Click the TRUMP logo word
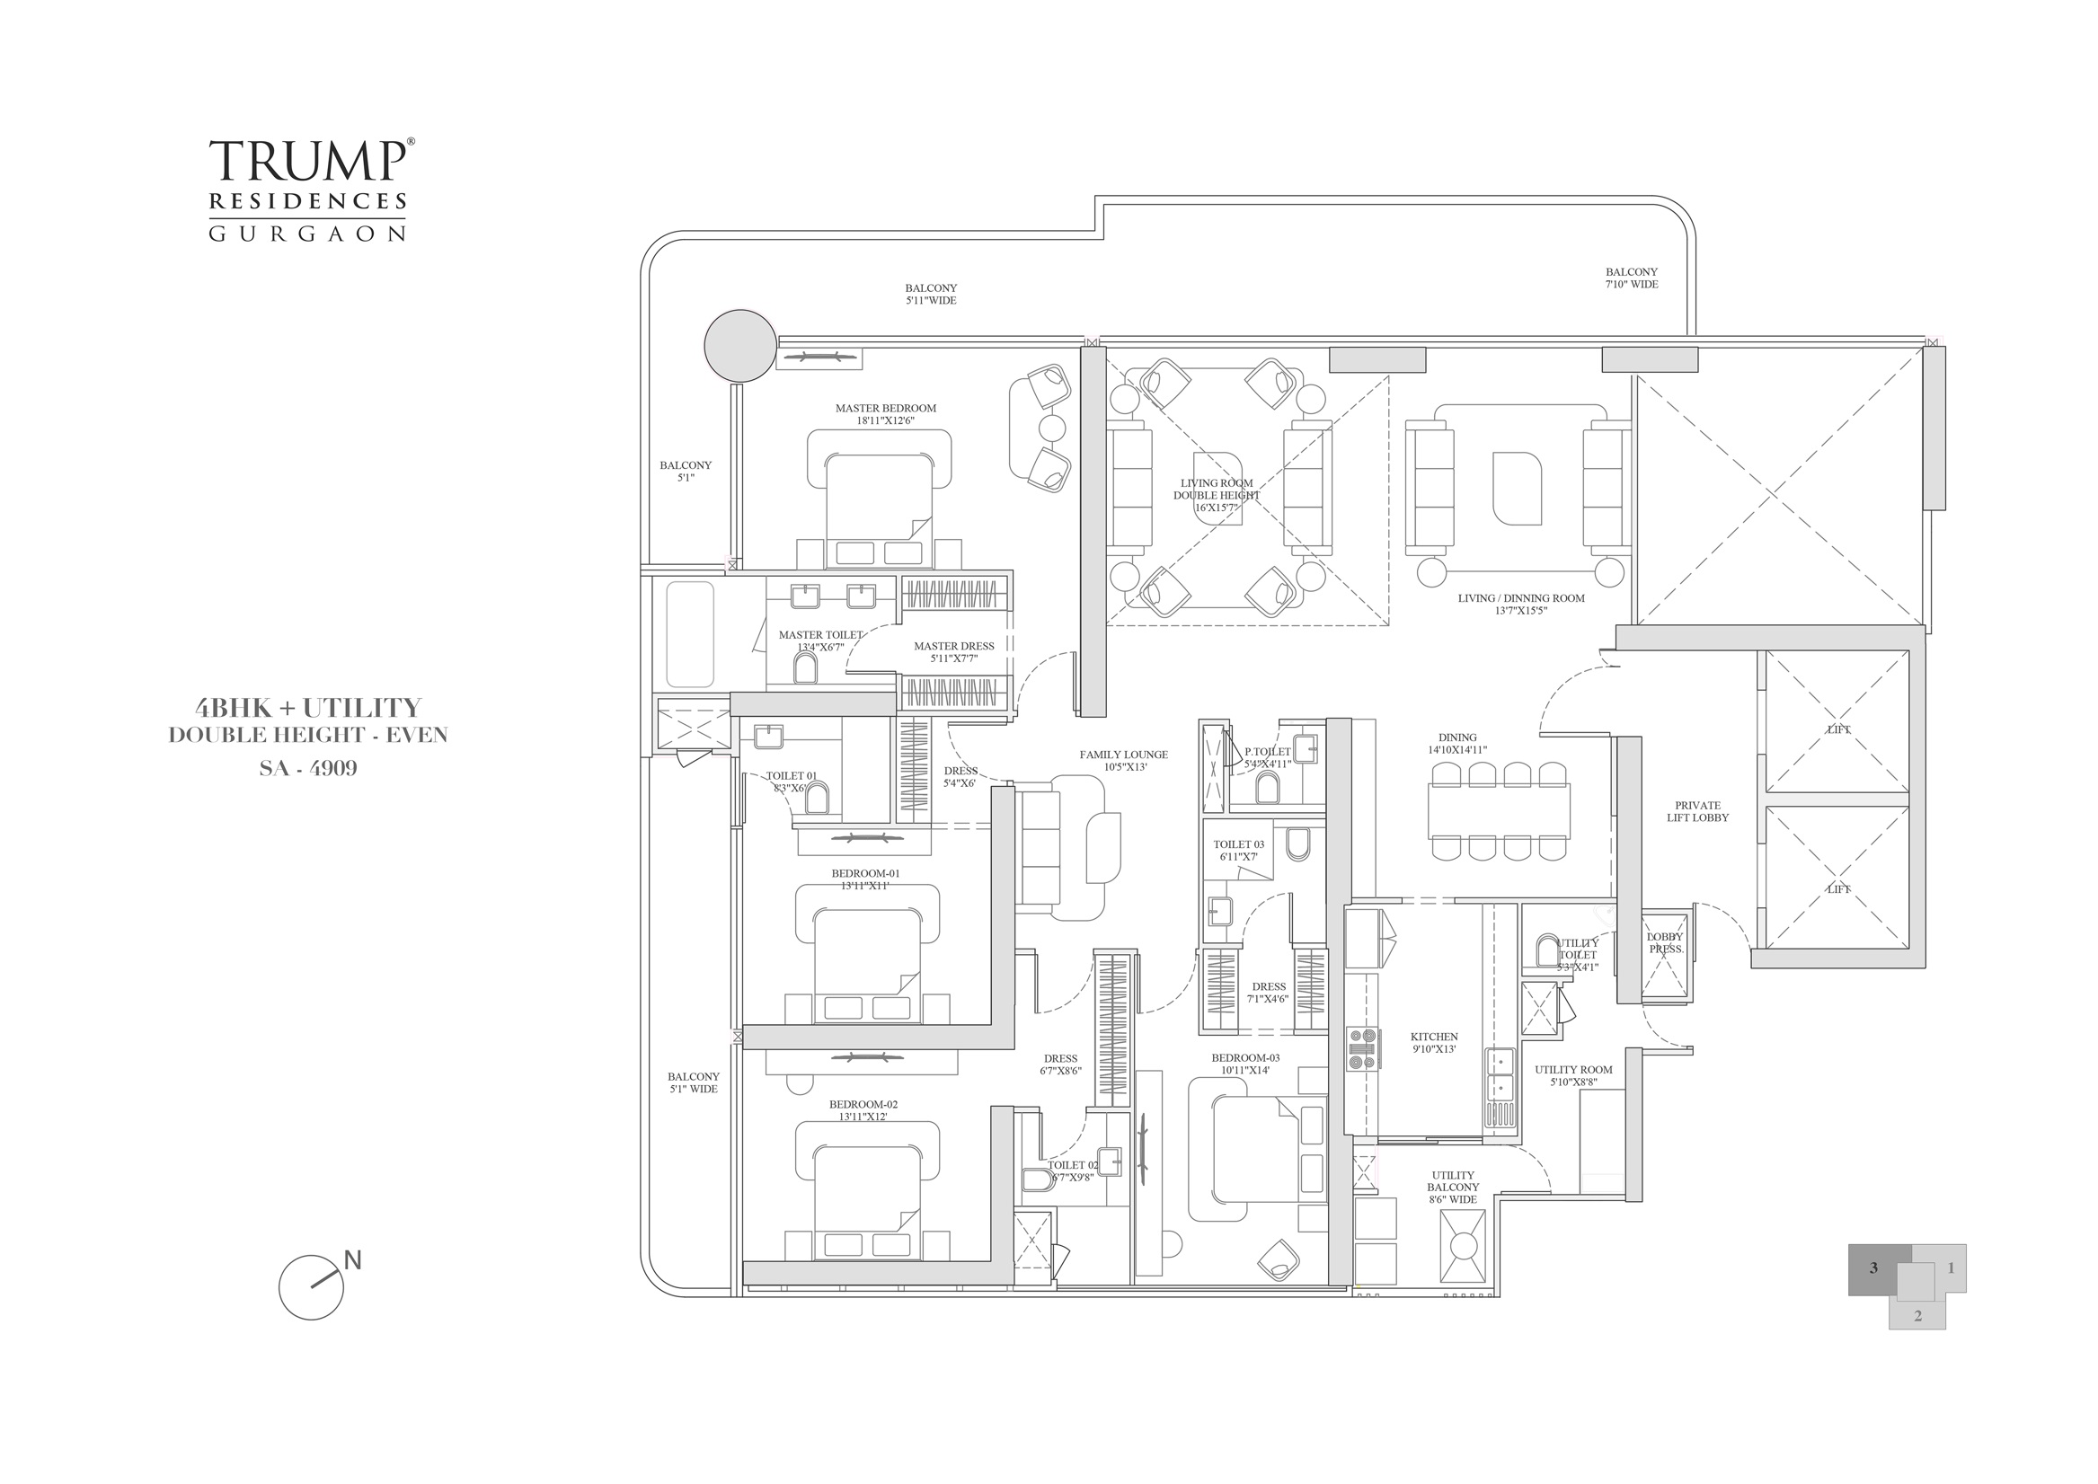click(308, 162)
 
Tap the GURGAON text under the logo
click(308, 234)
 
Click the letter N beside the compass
click(353, 1260)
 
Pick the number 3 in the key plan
click(1873, 1268)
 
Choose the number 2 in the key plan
click(1917, 1316)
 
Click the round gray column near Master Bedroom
click(740, 346)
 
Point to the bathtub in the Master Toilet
click(690, 634)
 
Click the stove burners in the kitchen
click(1362, 1048)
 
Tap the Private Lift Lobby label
click(1697, 811)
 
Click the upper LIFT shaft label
click(1837, 729)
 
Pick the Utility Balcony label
click(1453, 1187)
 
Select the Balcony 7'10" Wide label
click(1631, 278)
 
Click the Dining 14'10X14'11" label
click(1457, 743)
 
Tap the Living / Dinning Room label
click(1520, 604)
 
